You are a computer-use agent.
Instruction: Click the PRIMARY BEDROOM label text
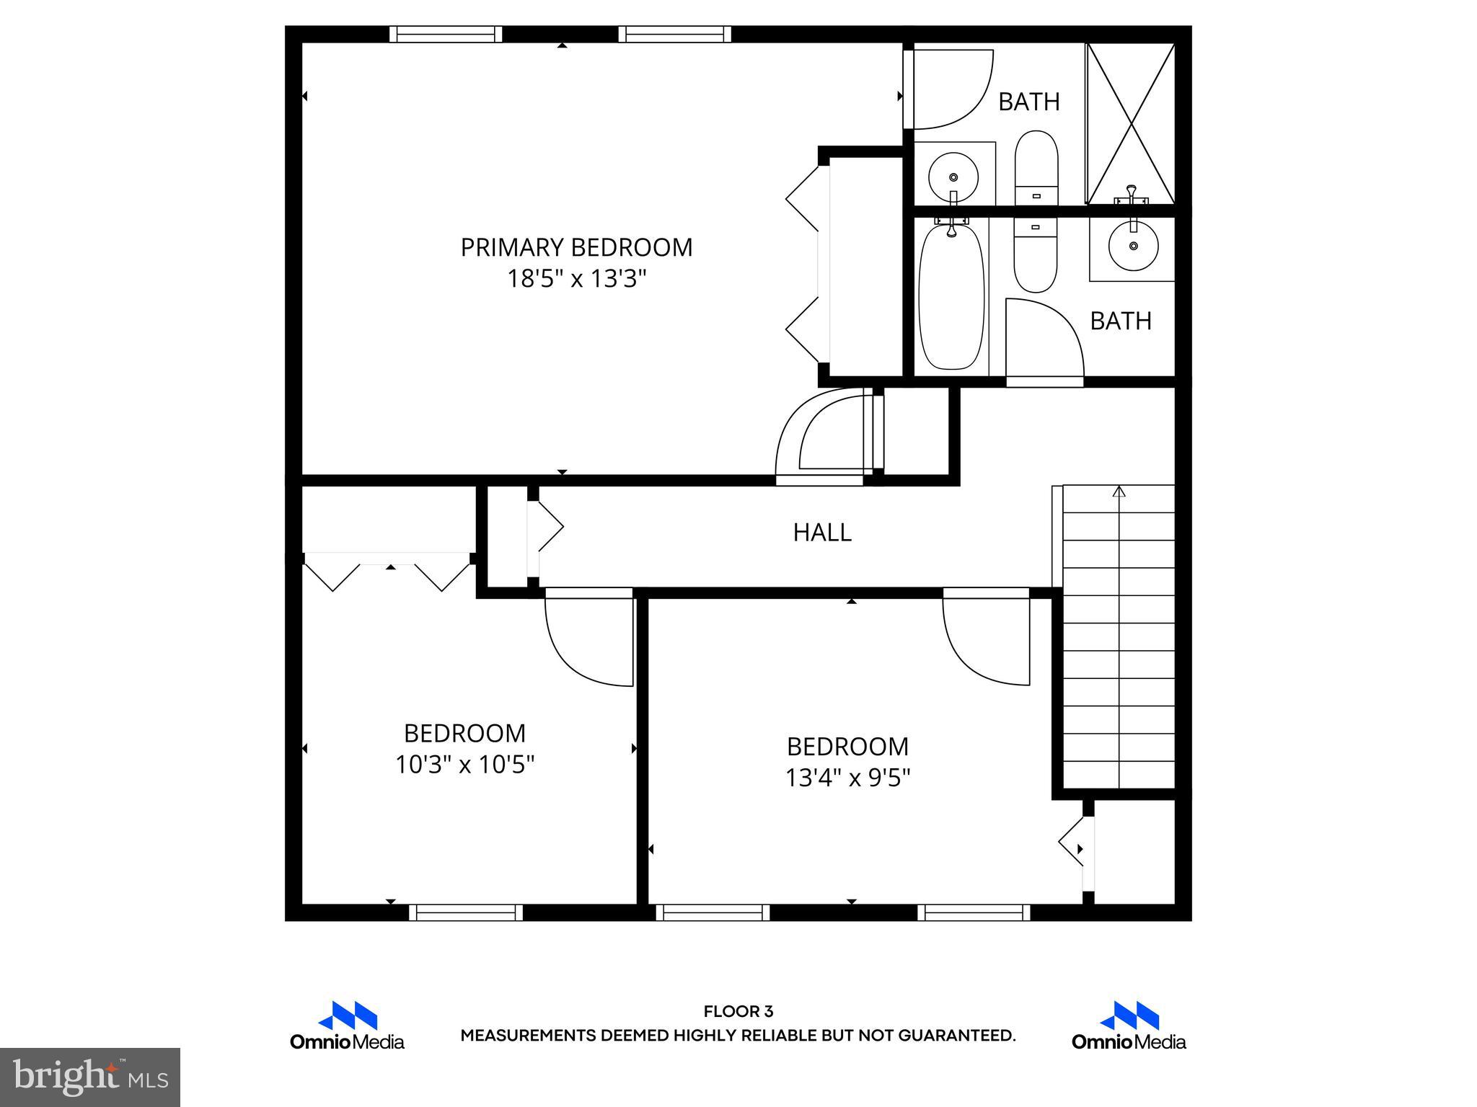(x=576, y=247)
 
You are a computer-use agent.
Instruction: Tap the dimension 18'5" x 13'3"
(x=576, y=279)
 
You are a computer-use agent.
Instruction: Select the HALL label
(x=822, y=533)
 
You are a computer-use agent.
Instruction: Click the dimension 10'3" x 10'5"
(x=464, y=765)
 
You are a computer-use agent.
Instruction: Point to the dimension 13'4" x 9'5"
(x=847, y=778)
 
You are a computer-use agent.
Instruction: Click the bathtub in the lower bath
(x=951, y=297)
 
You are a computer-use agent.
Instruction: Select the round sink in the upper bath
(x=953, y=176)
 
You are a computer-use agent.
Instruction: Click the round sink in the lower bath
(x=1133, y=246)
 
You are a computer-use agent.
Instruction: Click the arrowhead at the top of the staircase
(x=1119, y=492)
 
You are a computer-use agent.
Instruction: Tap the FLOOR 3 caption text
(x=738, y=1012)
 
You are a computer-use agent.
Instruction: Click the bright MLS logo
(x=90, y=1077)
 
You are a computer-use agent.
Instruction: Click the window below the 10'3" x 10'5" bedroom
(x=466, y=912)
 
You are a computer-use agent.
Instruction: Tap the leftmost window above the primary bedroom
(x=446, y=34)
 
